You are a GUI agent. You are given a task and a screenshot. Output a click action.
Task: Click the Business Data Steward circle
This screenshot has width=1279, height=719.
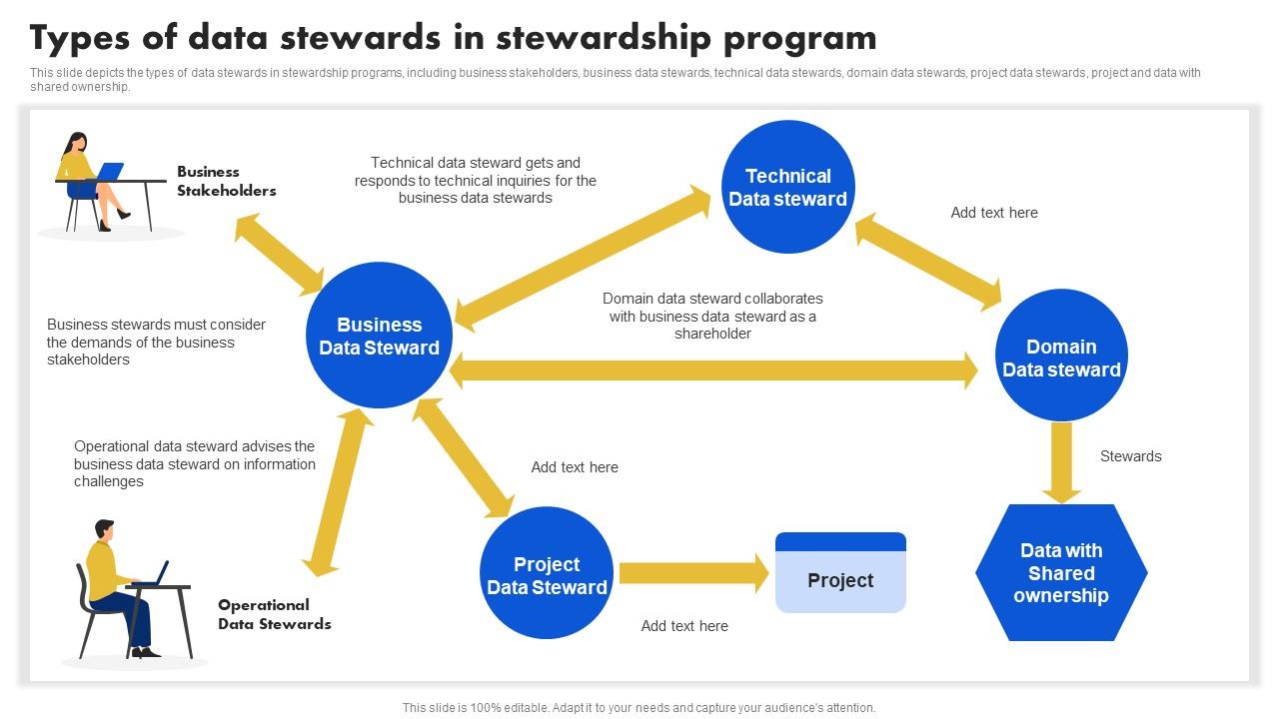point(379,336)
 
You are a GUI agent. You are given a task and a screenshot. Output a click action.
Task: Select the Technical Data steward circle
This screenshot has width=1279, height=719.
point(787,188)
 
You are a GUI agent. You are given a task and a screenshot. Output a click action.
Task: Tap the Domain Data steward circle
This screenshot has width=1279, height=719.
point(1061,357)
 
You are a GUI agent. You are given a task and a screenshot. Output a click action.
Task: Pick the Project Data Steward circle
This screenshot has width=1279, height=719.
point(547,574)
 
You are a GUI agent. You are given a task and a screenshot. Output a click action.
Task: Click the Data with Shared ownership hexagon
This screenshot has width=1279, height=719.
point(1061,573)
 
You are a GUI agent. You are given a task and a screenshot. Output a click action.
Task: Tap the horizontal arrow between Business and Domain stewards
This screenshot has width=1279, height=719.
point(713,371)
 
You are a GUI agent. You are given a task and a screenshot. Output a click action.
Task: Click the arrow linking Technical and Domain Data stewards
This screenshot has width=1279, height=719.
point(928,262)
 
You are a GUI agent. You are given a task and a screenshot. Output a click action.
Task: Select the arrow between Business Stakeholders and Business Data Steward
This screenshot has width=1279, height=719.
point(280,255)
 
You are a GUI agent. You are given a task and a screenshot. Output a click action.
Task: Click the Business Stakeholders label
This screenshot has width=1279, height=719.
point(226,181)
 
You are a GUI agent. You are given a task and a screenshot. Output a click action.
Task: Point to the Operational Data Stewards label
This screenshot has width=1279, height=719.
point(274,614)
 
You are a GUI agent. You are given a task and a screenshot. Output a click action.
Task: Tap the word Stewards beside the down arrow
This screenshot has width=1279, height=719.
point(1130,456)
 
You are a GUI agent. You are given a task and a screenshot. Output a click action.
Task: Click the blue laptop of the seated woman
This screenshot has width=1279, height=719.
point(109,171)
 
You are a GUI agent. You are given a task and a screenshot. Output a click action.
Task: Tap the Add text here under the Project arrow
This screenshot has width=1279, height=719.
point(684,626)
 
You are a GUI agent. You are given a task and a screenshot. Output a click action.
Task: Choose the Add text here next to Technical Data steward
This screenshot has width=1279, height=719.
point(993,213)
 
